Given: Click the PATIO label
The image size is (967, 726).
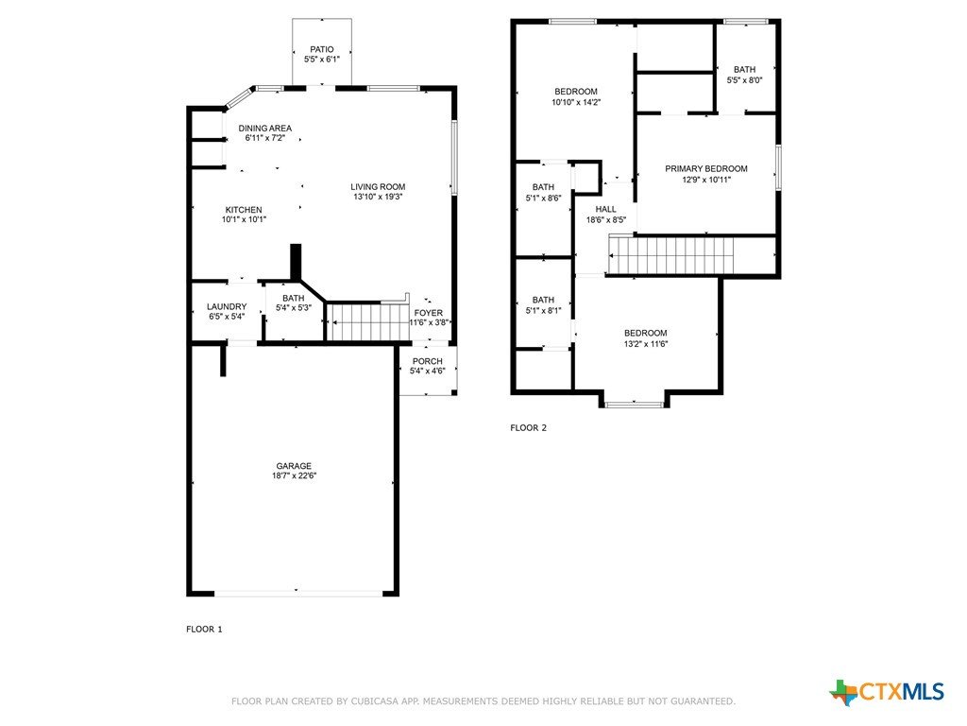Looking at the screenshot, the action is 322,49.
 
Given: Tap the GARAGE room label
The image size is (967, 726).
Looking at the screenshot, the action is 294,466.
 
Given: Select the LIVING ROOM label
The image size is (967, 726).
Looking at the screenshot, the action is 378,187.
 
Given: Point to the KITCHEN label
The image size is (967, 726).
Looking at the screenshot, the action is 244,210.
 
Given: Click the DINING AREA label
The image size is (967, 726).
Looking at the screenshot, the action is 265,129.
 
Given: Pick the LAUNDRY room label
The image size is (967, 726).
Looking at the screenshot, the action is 227,307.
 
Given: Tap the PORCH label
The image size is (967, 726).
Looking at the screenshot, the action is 428,361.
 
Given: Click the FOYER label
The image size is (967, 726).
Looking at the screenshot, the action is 429,313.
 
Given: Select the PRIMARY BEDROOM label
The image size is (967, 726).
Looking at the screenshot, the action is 706,168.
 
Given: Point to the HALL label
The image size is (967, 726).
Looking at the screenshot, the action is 605,209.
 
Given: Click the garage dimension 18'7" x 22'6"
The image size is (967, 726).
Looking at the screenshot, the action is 295,476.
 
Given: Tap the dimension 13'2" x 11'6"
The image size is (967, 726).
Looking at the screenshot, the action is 646,344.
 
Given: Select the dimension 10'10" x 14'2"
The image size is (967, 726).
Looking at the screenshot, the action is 576,102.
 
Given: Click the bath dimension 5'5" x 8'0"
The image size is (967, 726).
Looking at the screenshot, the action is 745,80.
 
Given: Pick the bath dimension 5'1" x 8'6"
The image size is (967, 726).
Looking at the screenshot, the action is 543,199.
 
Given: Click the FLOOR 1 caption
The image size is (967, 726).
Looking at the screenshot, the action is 204,629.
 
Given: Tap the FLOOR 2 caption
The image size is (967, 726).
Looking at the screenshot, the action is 529,428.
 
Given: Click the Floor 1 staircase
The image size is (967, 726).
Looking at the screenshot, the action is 368,321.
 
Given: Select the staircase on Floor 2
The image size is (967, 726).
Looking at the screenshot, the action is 671,256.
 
